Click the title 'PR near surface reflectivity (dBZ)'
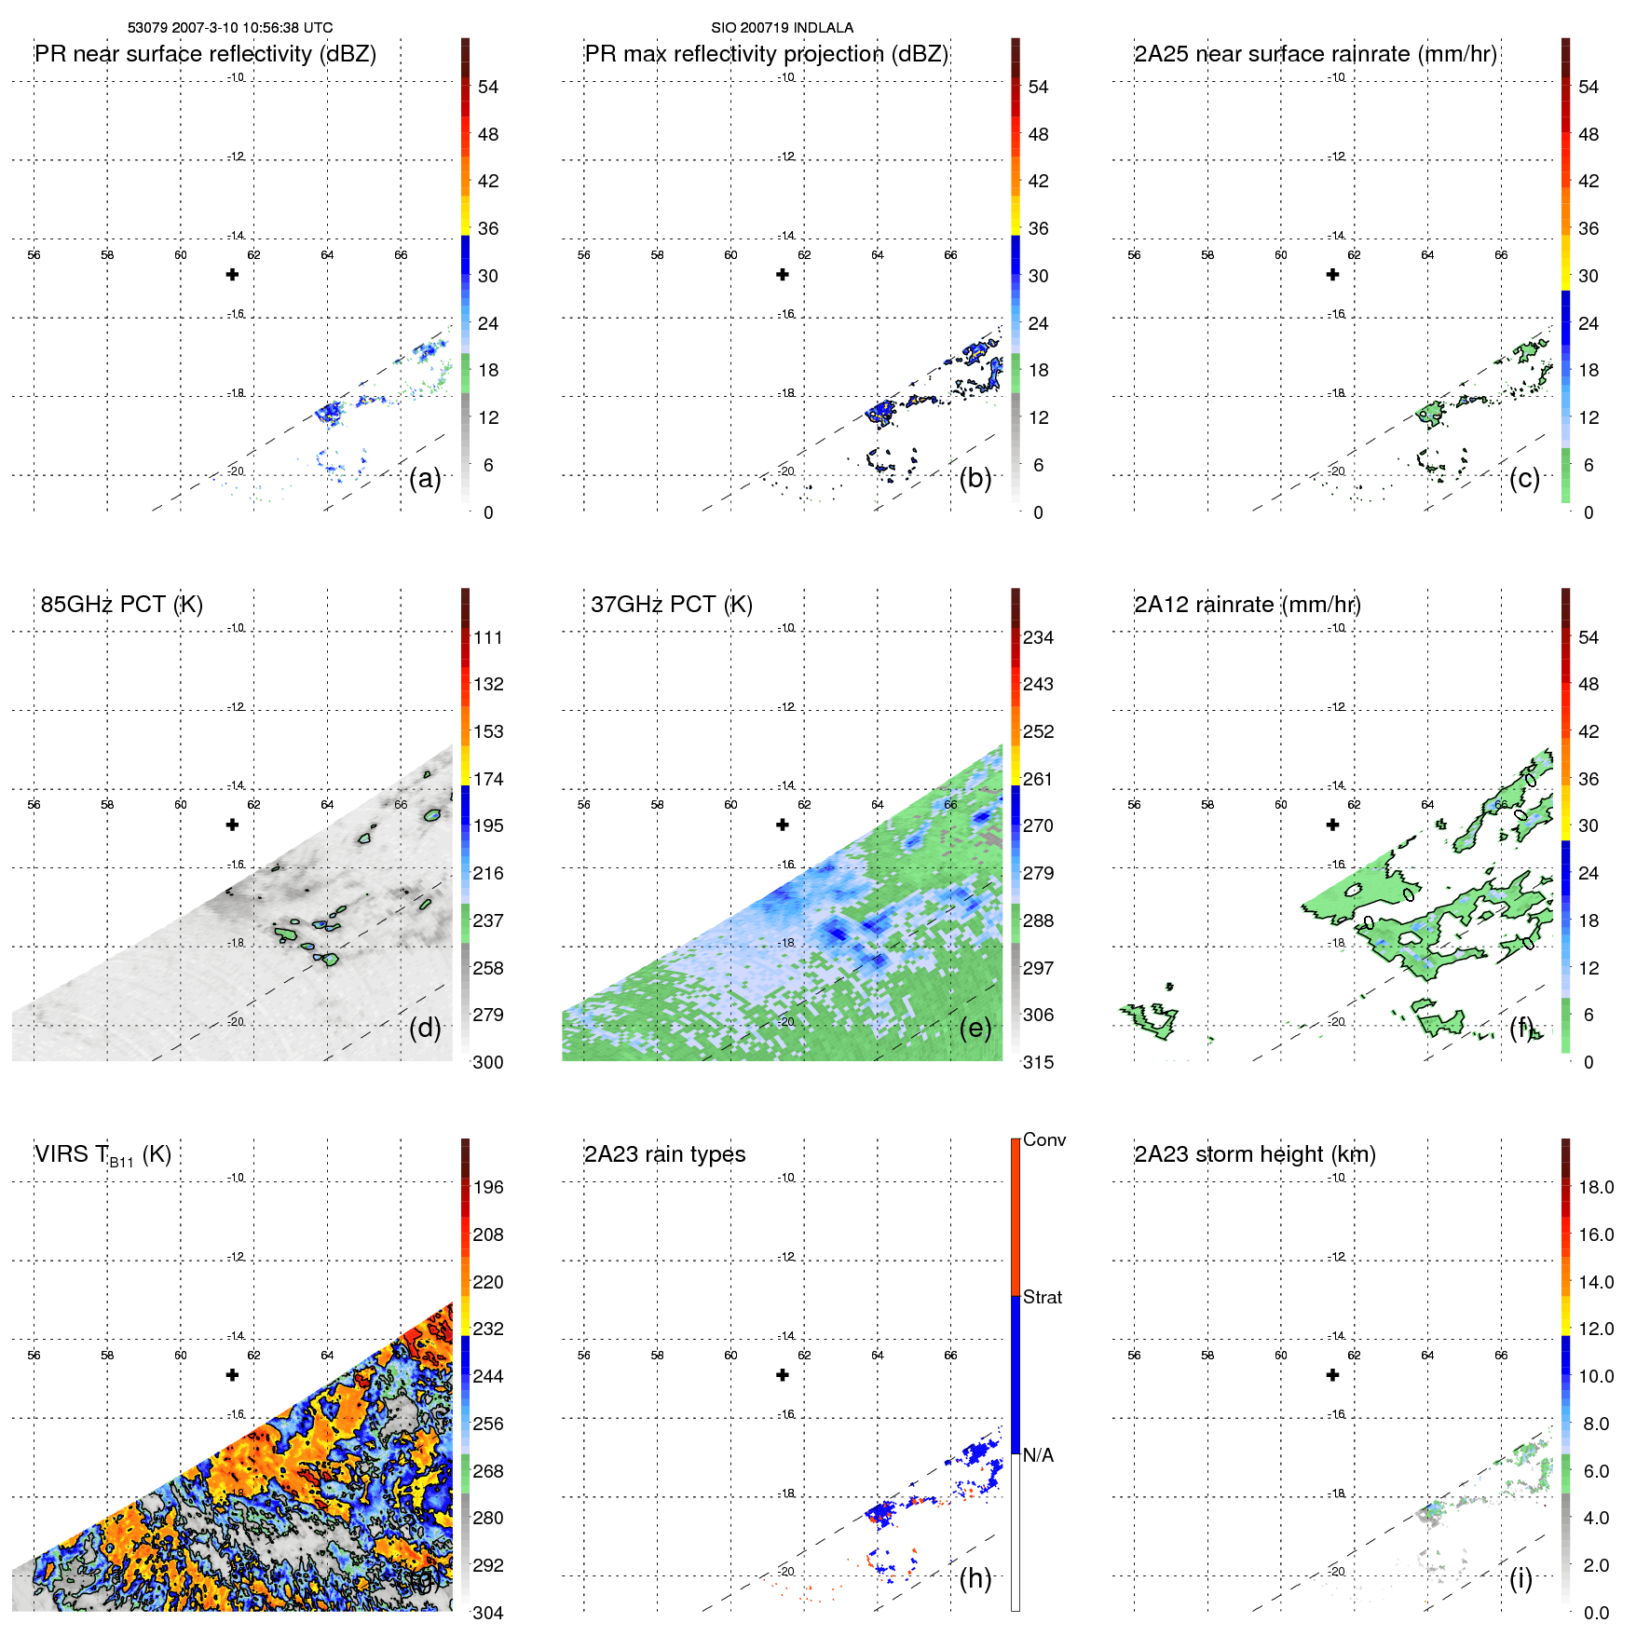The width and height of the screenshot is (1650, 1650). point(205,54)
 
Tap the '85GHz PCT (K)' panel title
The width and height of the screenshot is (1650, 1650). point(121,605)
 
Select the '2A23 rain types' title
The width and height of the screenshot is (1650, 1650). point(664,1154)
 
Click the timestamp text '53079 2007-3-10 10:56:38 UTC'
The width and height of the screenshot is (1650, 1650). point(230,28)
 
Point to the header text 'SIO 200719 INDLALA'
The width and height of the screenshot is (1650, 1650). point(782,28)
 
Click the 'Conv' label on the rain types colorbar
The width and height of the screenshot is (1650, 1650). point(1043,1139)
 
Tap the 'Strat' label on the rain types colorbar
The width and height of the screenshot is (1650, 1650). point(1042,1297)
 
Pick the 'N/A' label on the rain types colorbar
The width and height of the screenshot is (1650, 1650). point(1038,1455)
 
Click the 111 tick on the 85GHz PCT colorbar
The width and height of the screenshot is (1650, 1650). point(487,637)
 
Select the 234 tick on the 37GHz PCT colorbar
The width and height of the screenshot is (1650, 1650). point(1038,637)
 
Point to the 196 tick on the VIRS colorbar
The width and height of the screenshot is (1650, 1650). point(487,1187)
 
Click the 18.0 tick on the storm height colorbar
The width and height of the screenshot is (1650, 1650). point(1595,1187)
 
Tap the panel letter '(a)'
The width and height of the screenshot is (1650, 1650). point(425,479)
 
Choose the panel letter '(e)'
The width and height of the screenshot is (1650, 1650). point(975,1029)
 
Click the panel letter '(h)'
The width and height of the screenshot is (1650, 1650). point(975,1578)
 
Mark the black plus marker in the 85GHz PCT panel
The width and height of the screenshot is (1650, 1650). point(232,825)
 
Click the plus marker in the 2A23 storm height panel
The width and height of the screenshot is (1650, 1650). point(1332,1374)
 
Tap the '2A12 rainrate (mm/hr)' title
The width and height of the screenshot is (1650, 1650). point(1247,605)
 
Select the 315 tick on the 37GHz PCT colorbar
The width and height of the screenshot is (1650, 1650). point(1038,1062)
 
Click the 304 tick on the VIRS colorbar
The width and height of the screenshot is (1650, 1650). point(487,1613)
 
